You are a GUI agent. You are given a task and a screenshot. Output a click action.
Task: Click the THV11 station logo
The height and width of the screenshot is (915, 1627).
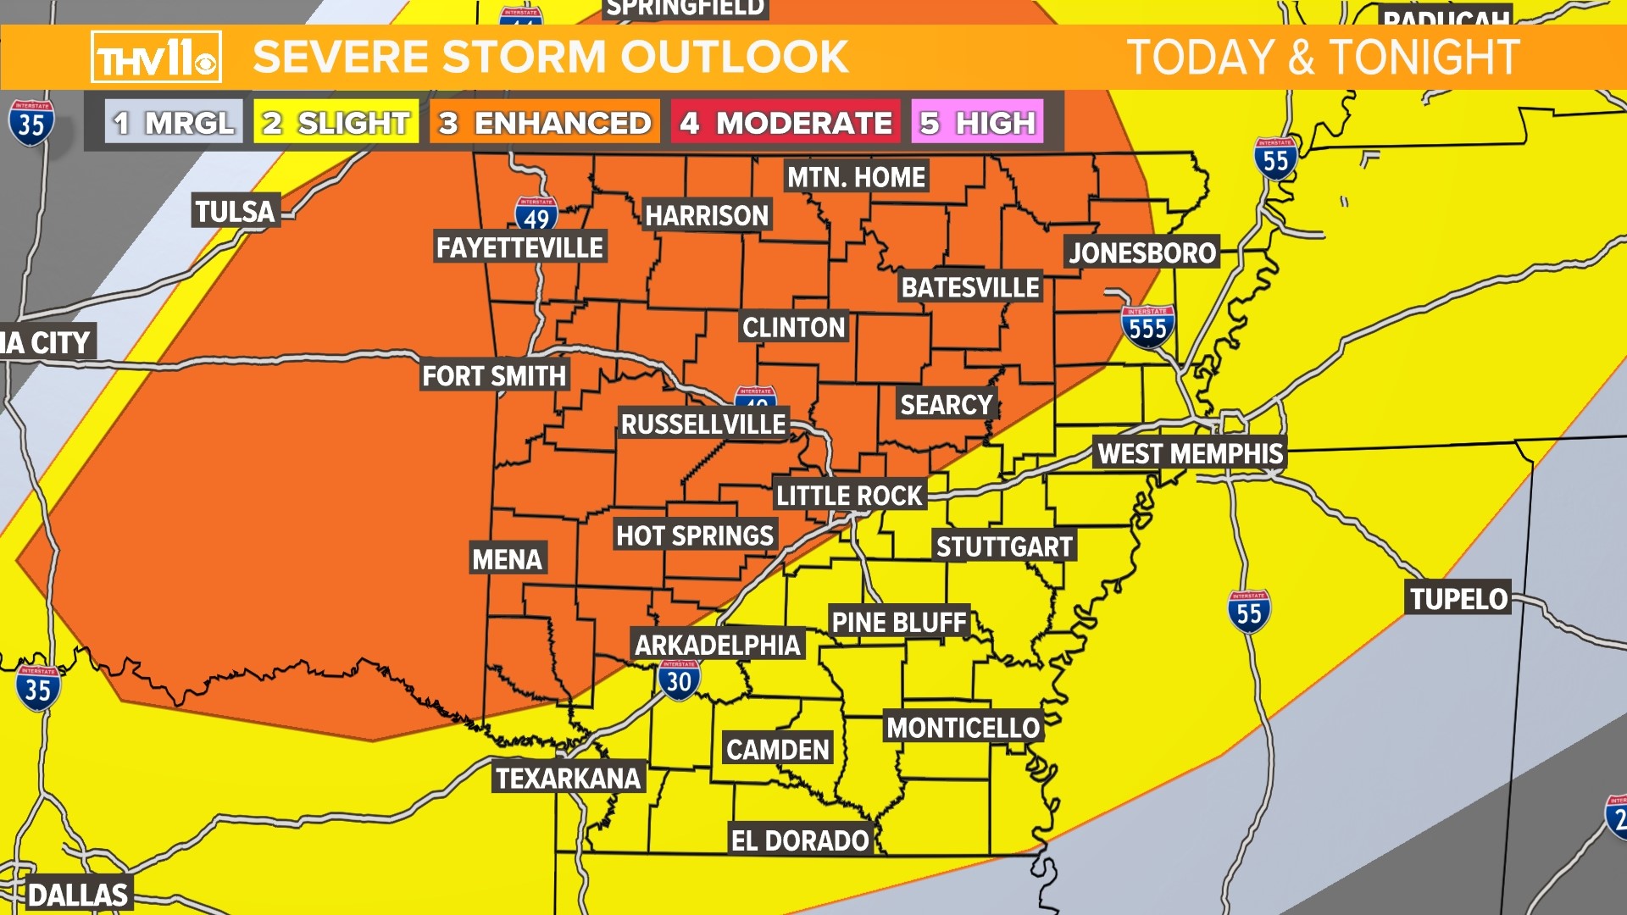click(156, 58)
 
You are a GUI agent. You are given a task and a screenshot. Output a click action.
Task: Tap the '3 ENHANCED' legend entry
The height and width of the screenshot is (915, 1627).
click(545, 123)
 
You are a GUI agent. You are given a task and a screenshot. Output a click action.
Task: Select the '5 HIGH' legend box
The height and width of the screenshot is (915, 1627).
click(977, 123)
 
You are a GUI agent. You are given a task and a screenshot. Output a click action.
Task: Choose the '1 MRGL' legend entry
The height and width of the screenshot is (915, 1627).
click(174, 123)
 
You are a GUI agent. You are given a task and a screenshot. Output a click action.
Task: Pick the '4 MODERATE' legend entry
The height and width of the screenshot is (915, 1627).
click(786, 123)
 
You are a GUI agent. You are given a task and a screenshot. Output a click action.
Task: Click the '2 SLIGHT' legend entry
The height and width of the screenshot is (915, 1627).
click(336, 123)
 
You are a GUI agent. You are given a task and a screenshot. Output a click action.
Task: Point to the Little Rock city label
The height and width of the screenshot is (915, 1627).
click(849, 495)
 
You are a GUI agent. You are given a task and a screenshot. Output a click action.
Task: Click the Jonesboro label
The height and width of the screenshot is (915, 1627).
click(1141, 252)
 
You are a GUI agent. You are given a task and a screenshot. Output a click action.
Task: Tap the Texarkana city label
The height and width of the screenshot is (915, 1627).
click(568, 778)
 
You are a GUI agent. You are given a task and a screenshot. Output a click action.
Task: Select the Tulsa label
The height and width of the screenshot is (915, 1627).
click(235, 211)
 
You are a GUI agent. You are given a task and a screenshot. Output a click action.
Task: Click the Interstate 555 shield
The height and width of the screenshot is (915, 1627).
click(1147, 326)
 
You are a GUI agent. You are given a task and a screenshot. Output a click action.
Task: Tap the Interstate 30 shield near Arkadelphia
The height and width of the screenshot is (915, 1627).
click(679, 680)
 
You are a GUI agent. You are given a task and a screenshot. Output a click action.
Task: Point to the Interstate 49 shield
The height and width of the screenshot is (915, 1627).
click(536, 215)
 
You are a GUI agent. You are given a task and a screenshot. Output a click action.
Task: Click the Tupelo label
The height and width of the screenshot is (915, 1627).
click(1458, 599)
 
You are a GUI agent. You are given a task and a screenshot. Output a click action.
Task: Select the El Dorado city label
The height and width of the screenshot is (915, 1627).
click(800, 840)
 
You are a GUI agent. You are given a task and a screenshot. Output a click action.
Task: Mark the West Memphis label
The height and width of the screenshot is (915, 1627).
click(1190, 453)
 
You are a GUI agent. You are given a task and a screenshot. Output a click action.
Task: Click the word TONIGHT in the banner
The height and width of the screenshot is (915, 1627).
click(1424, 58)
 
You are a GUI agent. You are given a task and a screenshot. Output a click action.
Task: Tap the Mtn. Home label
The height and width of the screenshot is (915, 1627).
click(856, 177)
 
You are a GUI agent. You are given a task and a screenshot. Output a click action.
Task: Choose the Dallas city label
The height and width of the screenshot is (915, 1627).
click(77, 895)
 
